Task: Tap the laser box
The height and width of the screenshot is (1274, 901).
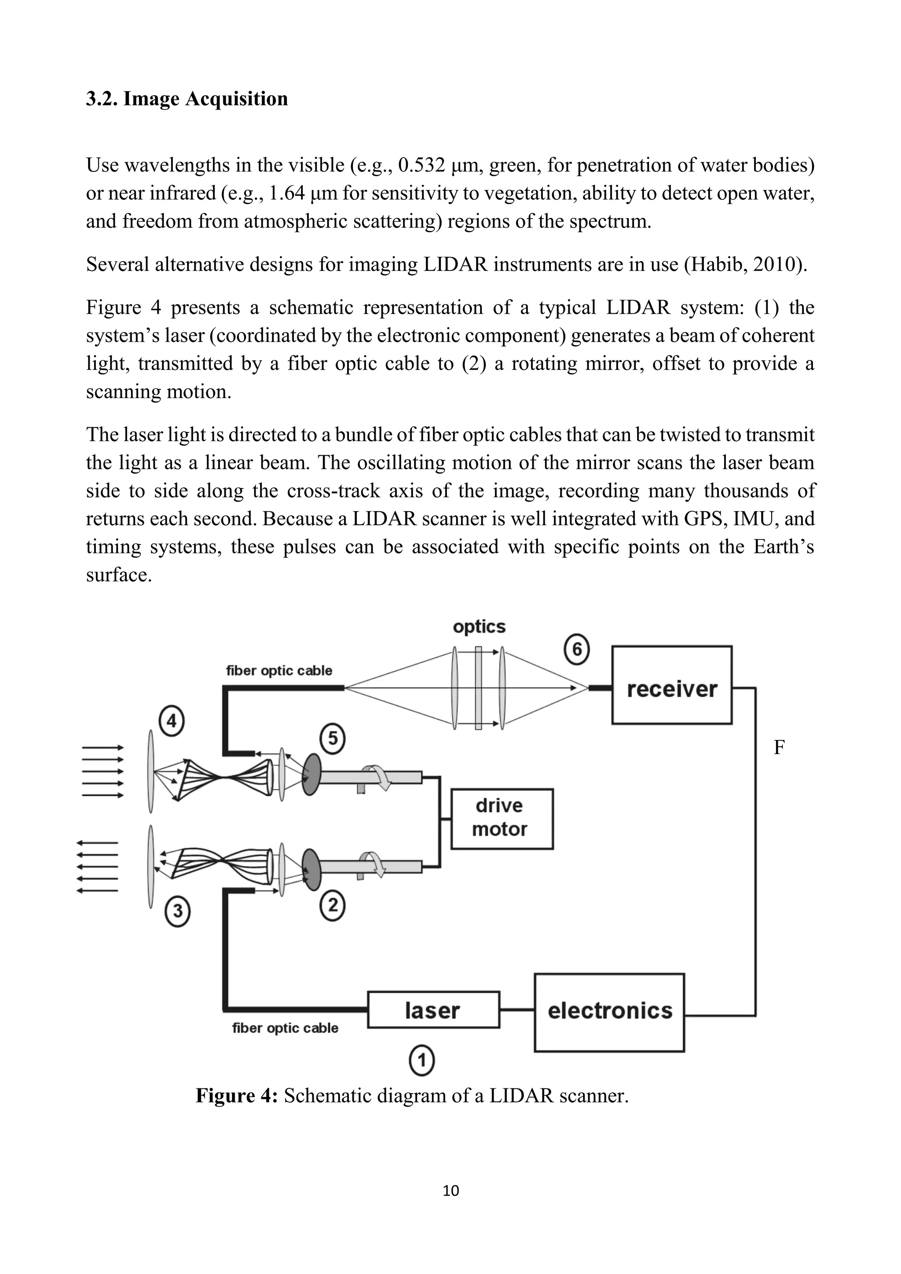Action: pos(433,1010)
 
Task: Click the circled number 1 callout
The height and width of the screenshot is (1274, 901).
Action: pos(421,1061)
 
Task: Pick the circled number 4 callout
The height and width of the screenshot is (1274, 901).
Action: pos(172,721)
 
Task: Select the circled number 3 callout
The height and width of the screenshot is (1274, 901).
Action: pos(178,911)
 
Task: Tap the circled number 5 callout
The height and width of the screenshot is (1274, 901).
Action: pos(333,739)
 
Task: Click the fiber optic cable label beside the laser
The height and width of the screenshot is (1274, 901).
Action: pos(285,1028)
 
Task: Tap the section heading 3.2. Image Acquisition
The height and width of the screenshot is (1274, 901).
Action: pos(187,99)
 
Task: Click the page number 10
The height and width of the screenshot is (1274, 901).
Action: pos(451,1191)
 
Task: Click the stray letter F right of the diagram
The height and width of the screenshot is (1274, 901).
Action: pos(779,748)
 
